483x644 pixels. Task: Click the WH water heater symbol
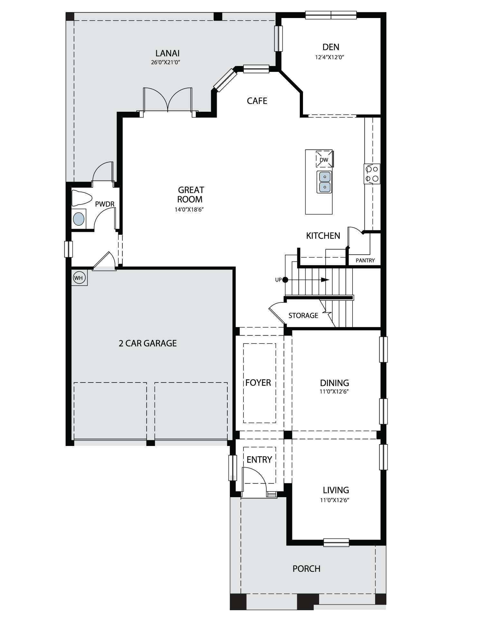coord(79,278)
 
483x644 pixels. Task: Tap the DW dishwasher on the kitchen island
coord(324,159)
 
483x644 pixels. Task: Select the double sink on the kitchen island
coord(324,182)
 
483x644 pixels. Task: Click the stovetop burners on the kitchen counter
coord(372,174)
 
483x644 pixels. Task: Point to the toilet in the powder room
coord(81,198)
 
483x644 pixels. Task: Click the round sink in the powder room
coord(79,219)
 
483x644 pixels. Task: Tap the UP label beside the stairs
coord(278,280)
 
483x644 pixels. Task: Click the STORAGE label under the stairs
coord(303,316)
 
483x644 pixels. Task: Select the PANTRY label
coord(365,260)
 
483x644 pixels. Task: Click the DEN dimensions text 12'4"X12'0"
coord(330,57)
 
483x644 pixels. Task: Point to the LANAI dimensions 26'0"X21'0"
coord(165,62)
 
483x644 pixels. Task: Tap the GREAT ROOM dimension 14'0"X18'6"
coord(189,209)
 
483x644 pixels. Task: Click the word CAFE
coord(257,101)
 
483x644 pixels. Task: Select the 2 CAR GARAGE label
coord(148,343)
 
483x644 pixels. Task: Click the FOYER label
coord(258,383)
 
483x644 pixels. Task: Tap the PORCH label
coord(307,569)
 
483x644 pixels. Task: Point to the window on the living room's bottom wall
coord(336,542)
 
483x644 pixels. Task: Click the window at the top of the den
coord(331,15)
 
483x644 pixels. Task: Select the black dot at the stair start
coord(285,280)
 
